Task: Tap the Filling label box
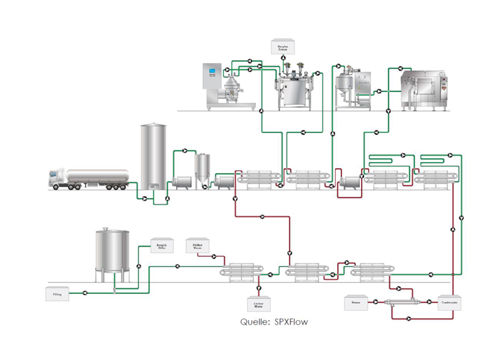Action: (x=57, y=293)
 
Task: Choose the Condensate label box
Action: (x=450, y=303)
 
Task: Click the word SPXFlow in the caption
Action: (x=292, y=322)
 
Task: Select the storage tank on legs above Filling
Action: (x=112, y=252)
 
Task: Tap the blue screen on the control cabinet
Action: (x=212, y=71)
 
